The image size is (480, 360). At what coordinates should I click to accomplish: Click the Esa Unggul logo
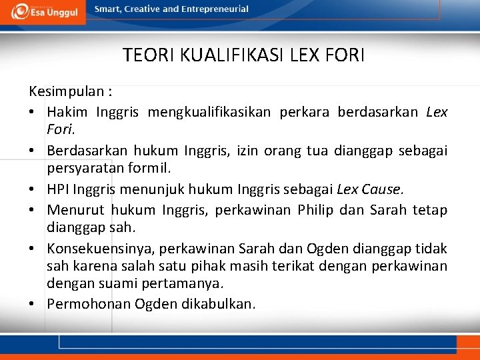click(x=43, y=11)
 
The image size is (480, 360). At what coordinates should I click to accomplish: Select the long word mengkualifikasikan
click(x=209, y=112)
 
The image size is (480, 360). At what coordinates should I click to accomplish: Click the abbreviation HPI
click(x=57, y=190)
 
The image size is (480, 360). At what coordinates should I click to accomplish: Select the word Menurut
click(x=73, y=211)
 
